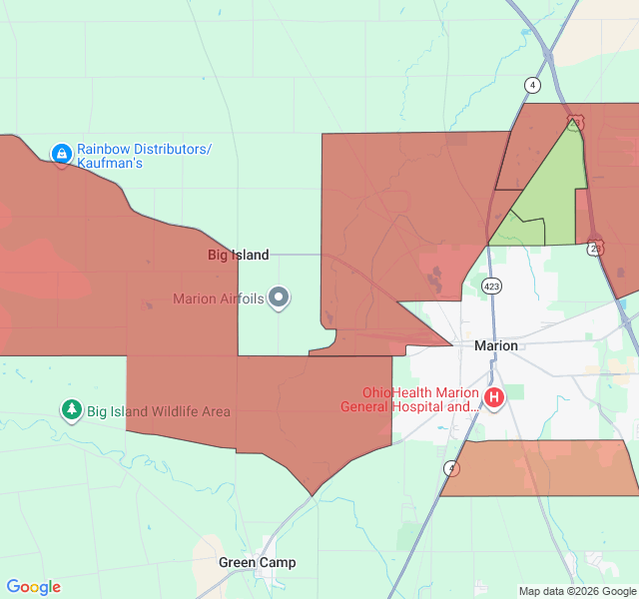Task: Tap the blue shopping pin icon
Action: point(62,154)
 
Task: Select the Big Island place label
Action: point(238,255)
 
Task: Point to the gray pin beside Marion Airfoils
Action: point(280,298)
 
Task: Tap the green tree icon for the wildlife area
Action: point(71,409)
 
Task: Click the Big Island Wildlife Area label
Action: point(158,411)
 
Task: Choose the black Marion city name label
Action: point(496,345)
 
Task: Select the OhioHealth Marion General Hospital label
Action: point(409,399)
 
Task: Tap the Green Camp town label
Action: point(258,562)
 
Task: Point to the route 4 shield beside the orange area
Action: point(452,467)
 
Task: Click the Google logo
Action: point(33,587)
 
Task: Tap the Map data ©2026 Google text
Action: point(576,591)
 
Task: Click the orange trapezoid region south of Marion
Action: point(539,467)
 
